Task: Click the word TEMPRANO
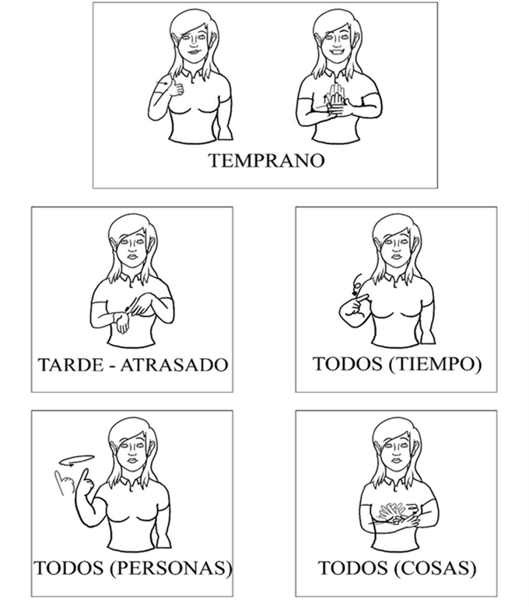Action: click(266, 160)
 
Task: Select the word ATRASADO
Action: click(173, 365)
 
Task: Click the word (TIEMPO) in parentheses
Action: click(435, 364)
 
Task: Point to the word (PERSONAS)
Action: click(171, 568)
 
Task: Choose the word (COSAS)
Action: click(436, 568)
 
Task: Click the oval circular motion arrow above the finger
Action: click(76, 460)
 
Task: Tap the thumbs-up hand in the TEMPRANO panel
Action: click(175, 88)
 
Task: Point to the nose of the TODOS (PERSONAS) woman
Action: click(132, 452)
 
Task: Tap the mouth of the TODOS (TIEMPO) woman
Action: click(396, 257)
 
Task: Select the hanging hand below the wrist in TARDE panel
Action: click(123, 323)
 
